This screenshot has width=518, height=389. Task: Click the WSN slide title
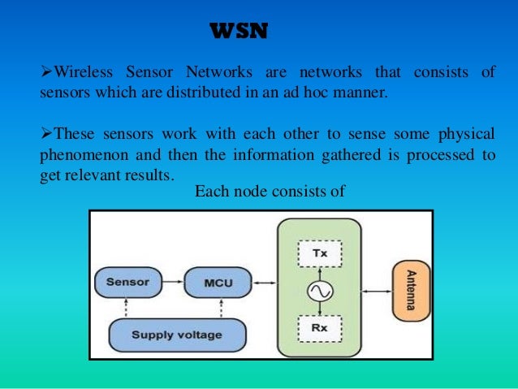click(x=239, y=32)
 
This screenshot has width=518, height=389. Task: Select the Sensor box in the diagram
click(x=127, y=283)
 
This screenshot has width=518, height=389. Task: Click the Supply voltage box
click(x=176, y=334)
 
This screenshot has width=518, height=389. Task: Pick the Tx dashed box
click(x=319, y=253)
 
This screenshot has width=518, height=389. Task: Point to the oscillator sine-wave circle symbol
click(x=319, y=290)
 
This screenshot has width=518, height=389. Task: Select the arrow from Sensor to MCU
click(x=171, y=283)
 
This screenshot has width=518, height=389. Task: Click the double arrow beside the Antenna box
click(x=376, y=290)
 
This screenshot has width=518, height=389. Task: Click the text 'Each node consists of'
click(x=270, y=192)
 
